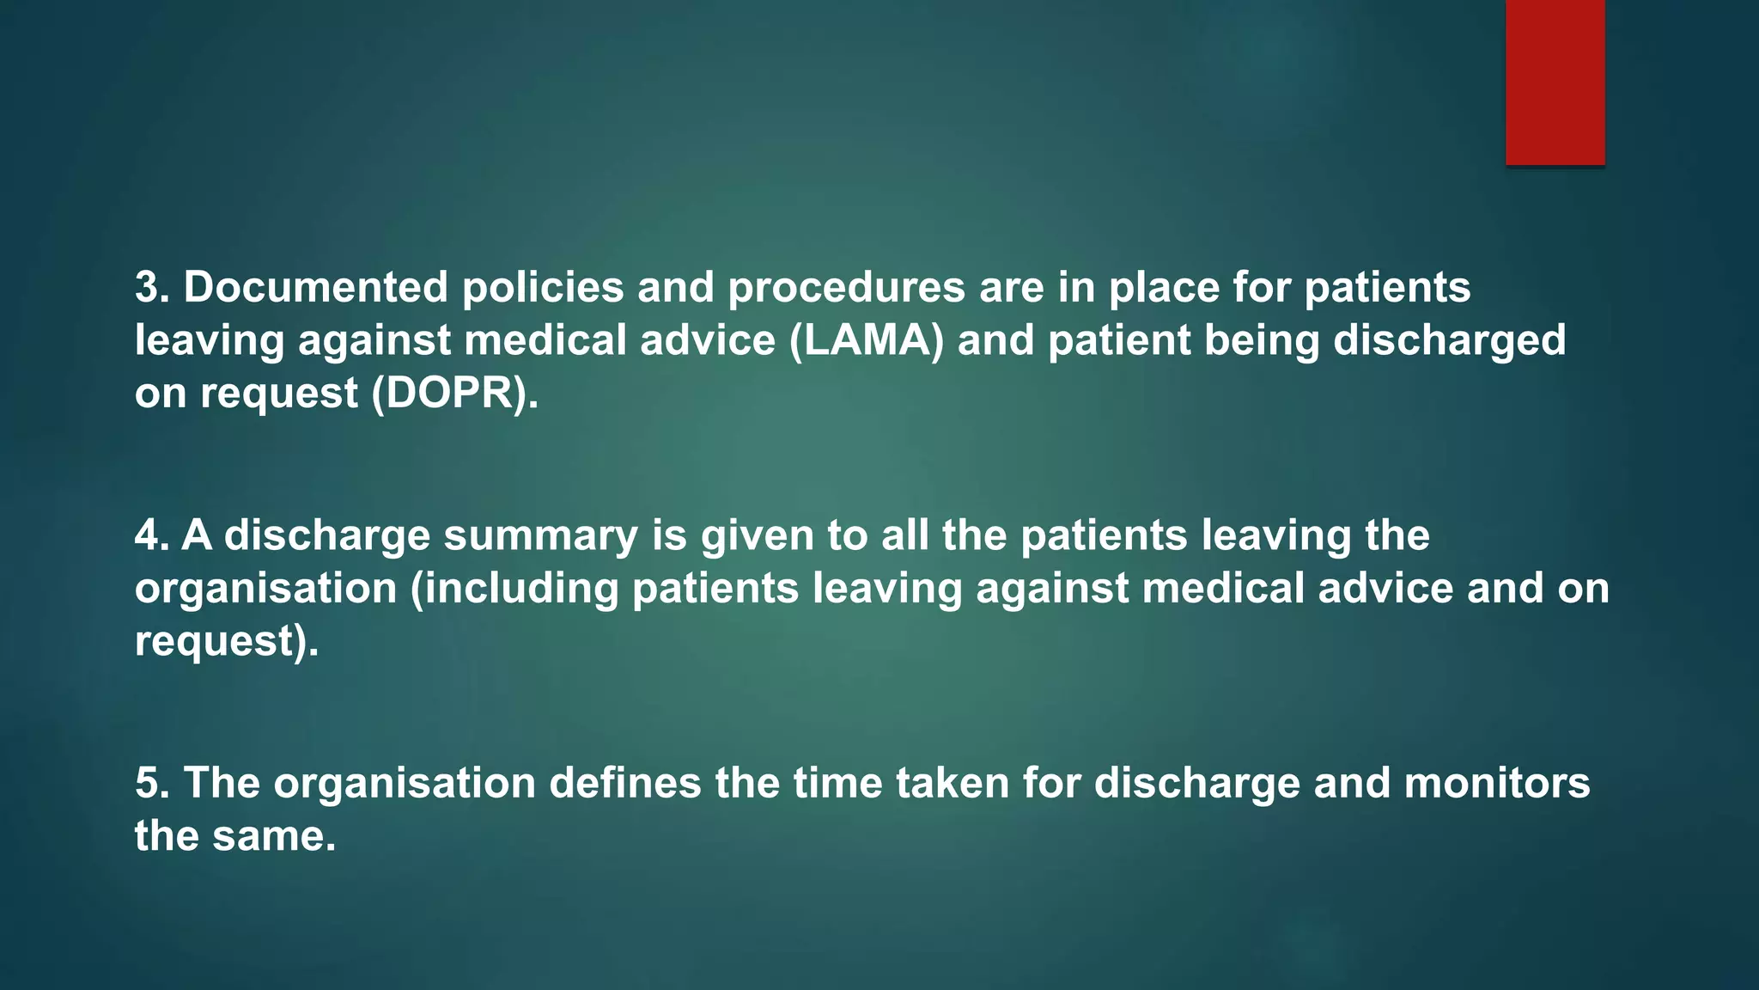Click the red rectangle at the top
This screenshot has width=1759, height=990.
click(1555, 82)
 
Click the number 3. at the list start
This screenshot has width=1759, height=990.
click(152, 287)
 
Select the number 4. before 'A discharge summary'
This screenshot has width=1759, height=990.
click(152, 535)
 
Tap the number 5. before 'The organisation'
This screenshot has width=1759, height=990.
click(152, 784)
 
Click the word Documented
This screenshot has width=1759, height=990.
click(315, 287)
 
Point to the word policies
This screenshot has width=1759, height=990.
click(543, 287)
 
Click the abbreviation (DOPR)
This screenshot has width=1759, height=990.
click(455, 394)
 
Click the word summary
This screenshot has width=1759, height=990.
click(541, 536)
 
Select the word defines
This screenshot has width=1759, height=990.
click(624, 784)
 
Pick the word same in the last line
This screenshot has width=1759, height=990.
click(273, 836)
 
